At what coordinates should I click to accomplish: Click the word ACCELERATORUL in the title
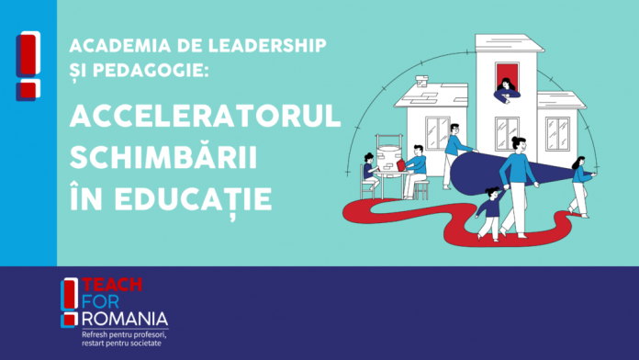205,116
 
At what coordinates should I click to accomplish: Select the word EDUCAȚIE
193,200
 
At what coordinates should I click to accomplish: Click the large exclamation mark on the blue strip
28,65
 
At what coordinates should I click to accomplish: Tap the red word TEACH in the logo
112,285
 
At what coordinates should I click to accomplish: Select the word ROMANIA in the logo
125,319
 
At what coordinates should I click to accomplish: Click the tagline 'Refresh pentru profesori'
124,334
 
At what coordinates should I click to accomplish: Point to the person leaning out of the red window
507,91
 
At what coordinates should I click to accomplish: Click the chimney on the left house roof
421,81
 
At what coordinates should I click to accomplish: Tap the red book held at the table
401,165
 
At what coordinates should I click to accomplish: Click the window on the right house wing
557,134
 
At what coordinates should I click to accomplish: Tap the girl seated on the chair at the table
370,171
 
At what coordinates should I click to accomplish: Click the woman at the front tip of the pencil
582,186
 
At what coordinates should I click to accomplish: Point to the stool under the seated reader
421,189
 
